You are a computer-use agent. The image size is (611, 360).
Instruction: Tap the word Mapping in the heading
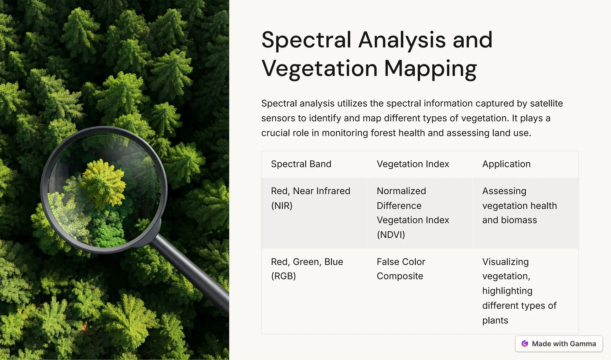coord(430,69)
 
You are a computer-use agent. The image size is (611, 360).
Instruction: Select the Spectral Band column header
coord(301,164)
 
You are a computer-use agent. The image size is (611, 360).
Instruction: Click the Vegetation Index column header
coord(413,164)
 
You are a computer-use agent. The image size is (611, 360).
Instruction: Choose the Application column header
coord(506,164)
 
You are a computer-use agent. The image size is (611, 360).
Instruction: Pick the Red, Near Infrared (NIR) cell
coord(310,198)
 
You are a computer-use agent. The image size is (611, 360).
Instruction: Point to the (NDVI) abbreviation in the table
coord(391,235)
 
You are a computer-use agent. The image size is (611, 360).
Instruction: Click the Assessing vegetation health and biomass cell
coord(519,206)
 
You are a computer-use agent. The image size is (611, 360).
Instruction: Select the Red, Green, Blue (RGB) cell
coord(307,269)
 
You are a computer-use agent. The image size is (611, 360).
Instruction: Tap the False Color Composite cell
coord(401,269)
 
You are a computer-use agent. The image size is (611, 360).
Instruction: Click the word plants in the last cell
coord(495,321)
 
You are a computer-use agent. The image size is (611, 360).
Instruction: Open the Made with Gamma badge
coord(558,344)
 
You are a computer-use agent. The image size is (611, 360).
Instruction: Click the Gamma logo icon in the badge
coord(525,344)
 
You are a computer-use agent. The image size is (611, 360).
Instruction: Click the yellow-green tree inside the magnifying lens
coord(103,182)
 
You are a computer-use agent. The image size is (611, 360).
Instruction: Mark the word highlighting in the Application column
coord(507,291)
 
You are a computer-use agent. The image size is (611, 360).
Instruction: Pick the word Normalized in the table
coord(401,191)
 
